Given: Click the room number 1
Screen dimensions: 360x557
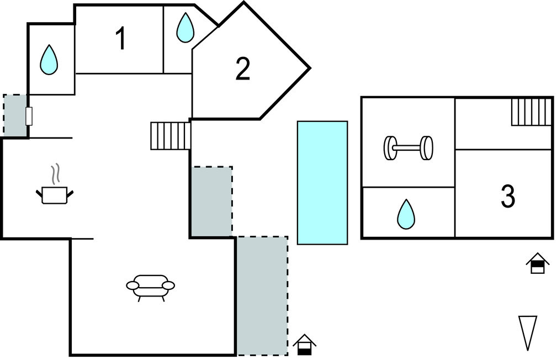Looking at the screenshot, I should pyautogui.click(x=120, y=39).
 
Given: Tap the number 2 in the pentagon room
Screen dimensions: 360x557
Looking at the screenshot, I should pyautogui.click(x=242, y=69).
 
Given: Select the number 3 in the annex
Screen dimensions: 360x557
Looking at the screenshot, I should pyautogui.click(x=507, y=196).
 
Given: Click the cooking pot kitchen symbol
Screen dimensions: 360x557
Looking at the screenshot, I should pyautogui.click(x=54, y=194).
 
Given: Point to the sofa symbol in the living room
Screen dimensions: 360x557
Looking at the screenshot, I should pyautogui.click(x=150, y=287).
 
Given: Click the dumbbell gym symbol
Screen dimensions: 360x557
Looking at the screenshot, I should pyautogui.click(x=408, y=148).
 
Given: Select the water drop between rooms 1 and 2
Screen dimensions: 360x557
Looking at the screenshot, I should pyautogui.click(x=185, y=28).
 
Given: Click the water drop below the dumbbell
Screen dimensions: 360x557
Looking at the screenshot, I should pyautogui.click(x=406, y=214).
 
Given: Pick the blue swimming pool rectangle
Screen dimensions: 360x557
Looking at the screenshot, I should pyautogui.click(x=322, y=182).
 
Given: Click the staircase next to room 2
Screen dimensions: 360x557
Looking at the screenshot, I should pyautogui.click(x=171, y=136).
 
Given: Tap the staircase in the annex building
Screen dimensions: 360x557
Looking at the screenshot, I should pyautogui.click(x=531, y=112).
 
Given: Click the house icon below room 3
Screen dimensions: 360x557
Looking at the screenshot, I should pyautogui.click(x=537, y=263).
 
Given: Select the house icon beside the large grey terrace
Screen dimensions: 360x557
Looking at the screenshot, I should pyautogui.click(x=304, y=345).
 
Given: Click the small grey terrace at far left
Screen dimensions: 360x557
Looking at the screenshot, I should pyautogui.click(x=15, y=115).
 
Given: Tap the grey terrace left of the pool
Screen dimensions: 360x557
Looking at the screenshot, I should pyautogui.click(x=211, y=201).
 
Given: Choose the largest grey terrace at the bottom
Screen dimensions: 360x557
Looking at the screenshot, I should pyautogui.click(x=262, y=295).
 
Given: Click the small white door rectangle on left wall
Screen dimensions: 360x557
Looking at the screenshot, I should pyautogui.click(x=29, y=116).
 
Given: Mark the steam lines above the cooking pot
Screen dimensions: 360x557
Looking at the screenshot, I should pyautogui.click(x=54, y=174).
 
